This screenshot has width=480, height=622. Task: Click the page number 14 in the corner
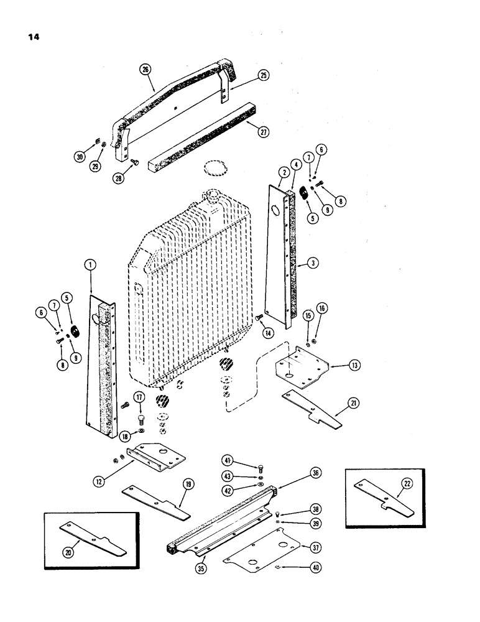[32, 36]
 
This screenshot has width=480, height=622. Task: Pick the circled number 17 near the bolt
[139, 397]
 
